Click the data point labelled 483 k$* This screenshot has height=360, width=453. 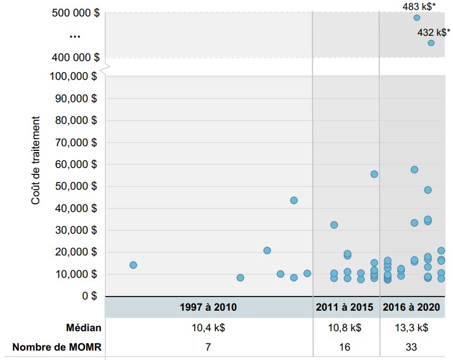click(417, 18)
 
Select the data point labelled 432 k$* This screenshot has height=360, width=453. click(431, 43)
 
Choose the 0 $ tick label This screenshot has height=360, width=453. click(89, 296)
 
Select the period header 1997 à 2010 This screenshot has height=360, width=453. click(208, 307)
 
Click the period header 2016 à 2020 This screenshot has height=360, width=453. click(411, 307)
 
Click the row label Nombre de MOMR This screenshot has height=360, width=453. click(56, 347)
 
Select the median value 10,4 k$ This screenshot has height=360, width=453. click(208, 328)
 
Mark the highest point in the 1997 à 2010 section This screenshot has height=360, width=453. click(294, 200)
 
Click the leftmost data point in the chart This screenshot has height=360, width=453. click(133, 265)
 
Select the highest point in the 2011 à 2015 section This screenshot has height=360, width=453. click(374, 174)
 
